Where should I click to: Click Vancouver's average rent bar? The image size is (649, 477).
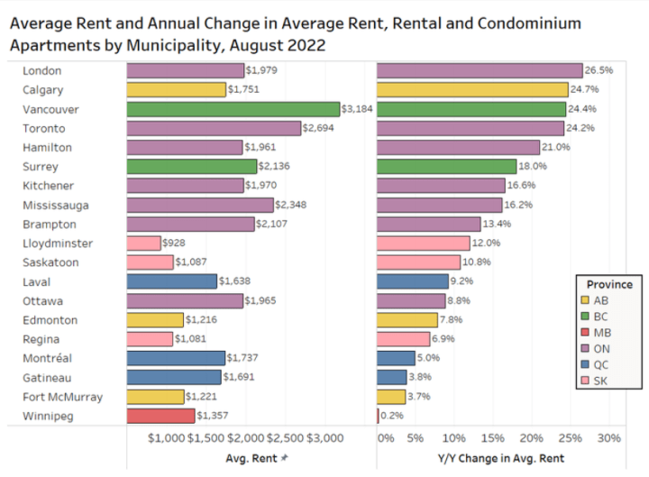[233, 108]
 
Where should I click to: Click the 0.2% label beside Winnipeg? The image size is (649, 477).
[392, 416]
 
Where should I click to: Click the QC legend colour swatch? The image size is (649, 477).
[586, 366]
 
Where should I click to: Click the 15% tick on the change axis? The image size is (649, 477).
[493, 439]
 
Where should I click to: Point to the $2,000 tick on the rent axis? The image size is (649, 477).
[246, 439]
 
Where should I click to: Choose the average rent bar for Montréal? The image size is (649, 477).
[175, 358]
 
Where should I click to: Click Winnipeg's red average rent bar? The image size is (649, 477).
[160, 416]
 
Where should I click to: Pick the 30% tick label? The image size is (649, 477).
[609, 439]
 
